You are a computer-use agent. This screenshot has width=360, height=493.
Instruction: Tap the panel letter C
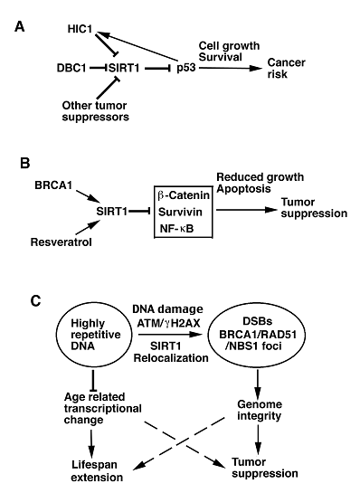click(x=17, y=296)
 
